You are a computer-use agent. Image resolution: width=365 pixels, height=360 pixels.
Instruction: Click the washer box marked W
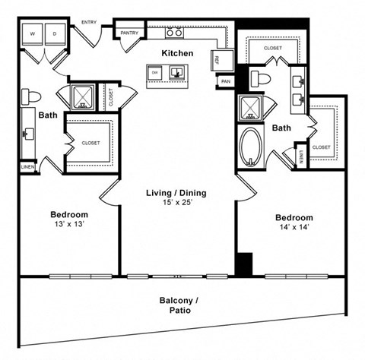click(32, 35)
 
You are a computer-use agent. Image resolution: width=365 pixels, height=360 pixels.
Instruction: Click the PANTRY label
click(129, 33)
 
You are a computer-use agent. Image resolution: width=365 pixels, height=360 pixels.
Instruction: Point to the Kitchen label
click(176, 53)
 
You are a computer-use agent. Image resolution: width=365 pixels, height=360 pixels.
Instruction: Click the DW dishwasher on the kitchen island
click(154, 73)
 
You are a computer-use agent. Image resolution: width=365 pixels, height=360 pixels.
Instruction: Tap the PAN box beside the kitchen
click(226, 81)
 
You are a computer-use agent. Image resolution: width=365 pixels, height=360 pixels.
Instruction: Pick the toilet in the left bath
click(31, 95)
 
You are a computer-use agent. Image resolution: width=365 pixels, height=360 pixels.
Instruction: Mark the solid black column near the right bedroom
click(243, 264)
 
